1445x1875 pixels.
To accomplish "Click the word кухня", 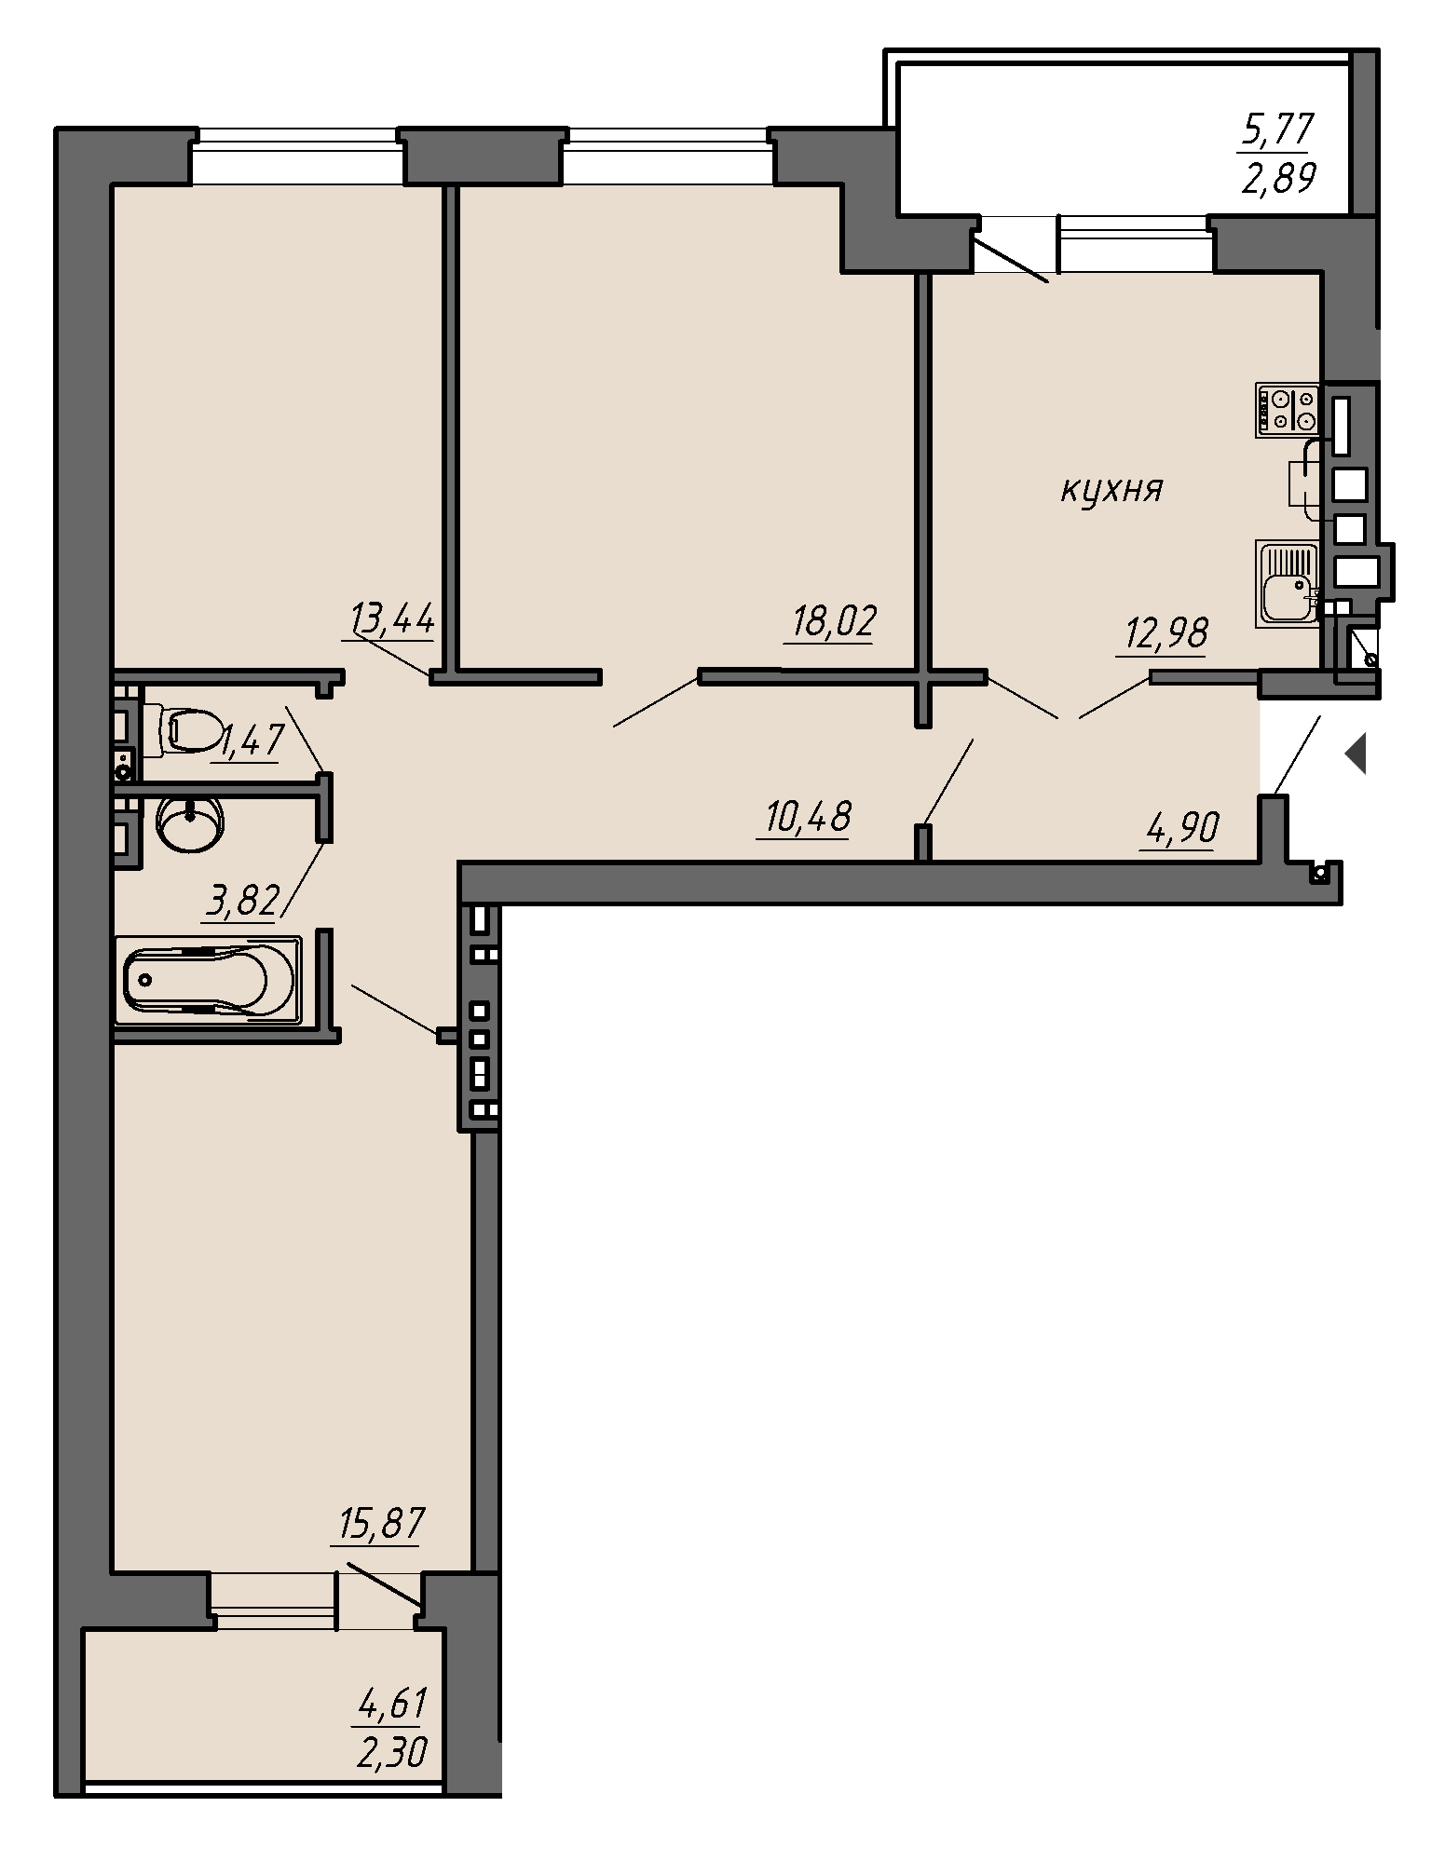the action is (1112, 488).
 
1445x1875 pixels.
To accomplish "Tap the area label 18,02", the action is (834, 621).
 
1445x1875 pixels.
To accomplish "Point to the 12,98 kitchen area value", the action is (1166, 633).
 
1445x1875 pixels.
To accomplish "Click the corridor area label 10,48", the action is (808, 818).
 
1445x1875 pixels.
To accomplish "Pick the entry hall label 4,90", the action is (1179, 826).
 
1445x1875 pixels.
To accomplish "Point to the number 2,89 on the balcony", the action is (1276, 177).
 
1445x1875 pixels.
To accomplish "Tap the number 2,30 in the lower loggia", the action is (391, 1754).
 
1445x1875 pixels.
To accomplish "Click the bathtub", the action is (208, 981).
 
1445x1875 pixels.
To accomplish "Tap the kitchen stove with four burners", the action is (1288, 410).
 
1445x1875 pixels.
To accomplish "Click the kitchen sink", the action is (1288, 584).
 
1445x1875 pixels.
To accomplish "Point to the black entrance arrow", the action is (1356, 754).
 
